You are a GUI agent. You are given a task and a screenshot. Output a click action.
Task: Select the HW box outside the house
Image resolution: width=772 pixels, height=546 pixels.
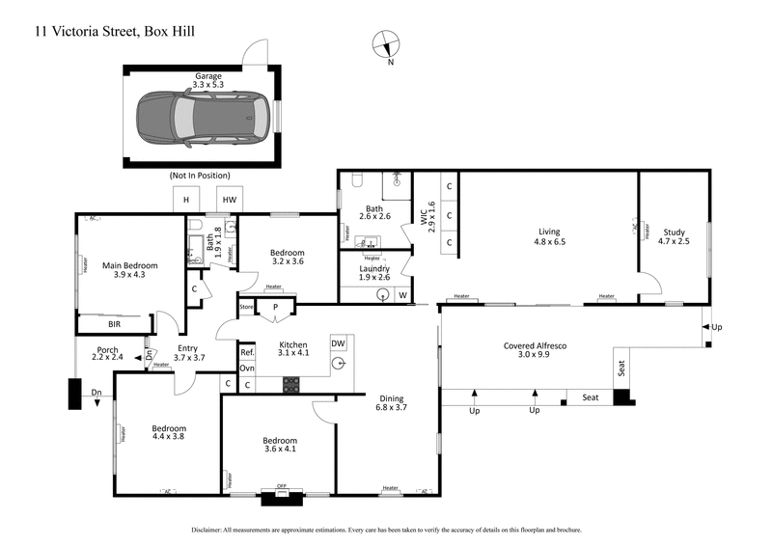229,200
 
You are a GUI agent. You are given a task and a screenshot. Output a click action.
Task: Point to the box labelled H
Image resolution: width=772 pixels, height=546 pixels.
185,200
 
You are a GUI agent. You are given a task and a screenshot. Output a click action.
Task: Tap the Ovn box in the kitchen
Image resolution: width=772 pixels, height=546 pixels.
247,369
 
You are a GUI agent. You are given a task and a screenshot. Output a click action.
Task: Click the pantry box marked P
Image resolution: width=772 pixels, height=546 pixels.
275,309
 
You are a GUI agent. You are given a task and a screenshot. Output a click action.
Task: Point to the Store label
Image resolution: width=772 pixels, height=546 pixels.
247,309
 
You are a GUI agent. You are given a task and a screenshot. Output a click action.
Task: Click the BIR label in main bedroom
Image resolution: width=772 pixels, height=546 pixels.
114,324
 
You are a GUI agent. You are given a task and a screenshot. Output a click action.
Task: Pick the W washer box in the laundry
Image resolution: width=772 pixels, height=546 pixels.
402,295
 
